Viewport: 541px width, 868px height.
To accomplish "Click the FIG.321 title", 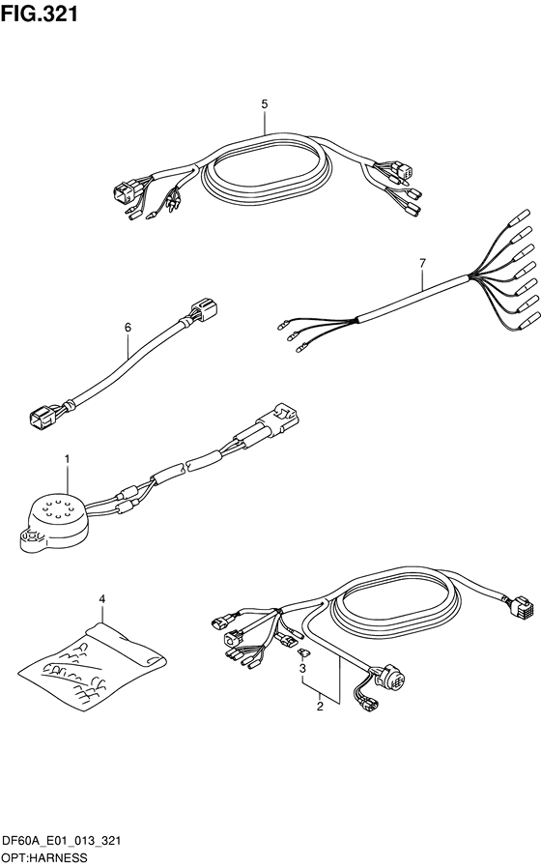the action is click(40, 14).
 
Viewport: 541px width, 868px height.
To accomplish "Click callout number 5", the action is click(265, 103).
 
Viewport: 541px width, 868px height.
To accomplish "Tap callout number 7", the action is click(422, 264).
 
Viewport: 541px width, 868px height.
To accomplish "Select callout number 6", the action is click(128, 328).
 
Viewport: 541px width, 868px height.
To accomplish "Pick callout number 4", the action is click(101, 599).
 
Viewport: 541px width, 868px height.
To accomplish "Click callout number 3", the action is click(302, 669).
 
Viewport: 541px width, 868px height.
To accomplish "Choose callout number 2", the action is click(320, 707).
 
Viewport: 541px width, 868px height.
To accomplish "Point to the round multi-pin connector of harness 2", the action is click(391, 677).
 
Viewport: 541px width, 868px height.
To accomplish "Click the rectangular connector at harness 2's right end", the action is click(520, 607).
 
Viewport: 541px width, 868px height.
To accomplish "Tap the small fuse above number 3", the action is click(302, 653).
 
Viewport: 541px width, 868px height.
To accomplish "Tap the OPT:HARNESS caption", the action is click(44, 858).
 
